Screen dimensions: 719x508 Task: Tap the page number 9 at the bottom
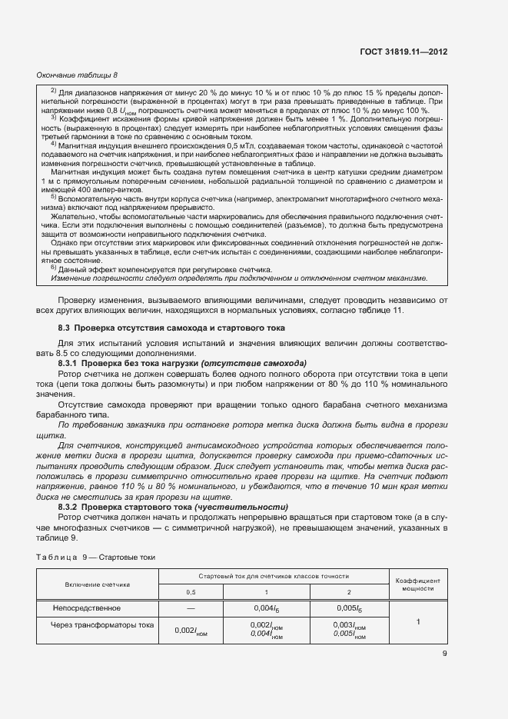[445, 654]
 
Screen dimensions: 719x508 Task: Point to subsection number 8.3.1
[71, 362]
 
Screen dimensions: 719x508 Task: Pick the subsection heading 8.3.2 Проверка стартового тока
[173, 507]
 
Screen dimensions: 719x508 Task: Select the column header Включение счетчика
[97, 584]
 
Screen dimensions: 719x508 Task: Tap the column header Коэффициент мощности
[417, 584]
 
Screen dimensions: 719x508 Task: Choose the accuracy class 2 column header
[349, 592]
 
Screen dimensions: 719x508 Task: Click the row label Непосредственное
[85, 608]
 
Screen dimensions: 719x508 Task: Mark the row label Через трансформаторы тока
[102, 625]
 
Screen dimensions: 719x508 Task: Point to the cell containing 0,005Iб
[349, 609]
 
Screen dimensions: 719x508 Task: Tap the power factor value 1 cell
[417, 621]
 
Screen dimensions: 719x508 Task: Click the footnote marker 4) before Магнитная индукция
[53, 143]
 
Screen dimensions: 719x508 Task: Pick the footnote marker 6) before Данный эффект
[53, 268]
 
